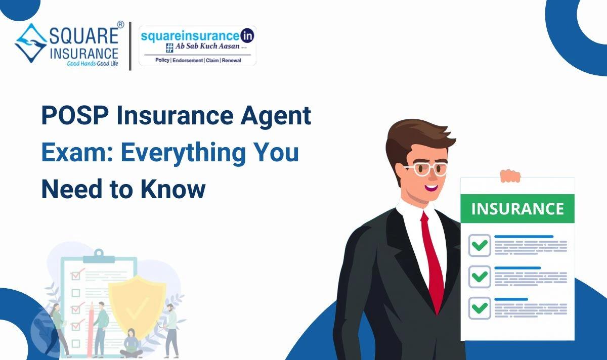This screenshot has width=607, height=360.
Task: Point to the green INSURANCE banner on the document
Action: click(x=517, y=208)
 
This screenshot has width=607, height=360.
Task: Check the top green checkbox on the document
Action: click(x=480, y=246)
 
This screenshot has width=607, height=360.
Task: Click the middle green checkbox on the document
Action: click(x=480, y=277)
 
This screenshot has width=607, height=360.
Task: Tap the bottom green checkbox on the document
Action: click(x=480, y=307)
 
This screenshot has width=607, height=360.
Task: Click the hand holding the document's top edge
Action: click(x=510, y=175)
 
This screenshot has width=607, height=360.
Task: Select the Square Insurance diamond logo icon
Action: click(x=31, y=42)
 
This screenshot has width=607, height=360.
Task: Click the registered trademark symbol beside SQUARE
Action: click(x=120, y=24)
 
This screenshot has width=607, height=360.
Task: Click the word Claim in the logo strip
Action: click(x=212, y=60)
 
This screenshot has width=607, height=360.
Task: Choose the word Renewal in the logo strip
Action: click(x=232, y=60)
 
